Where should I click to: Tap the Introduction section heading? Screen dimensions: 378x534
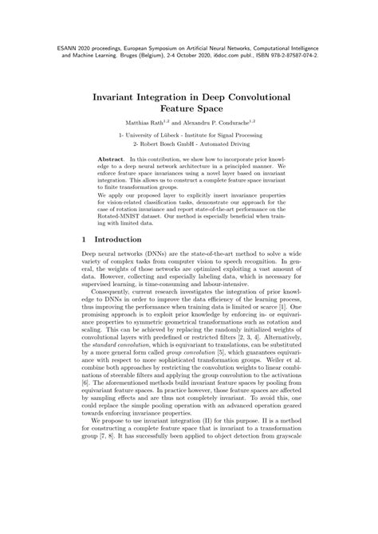[122, 239]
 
